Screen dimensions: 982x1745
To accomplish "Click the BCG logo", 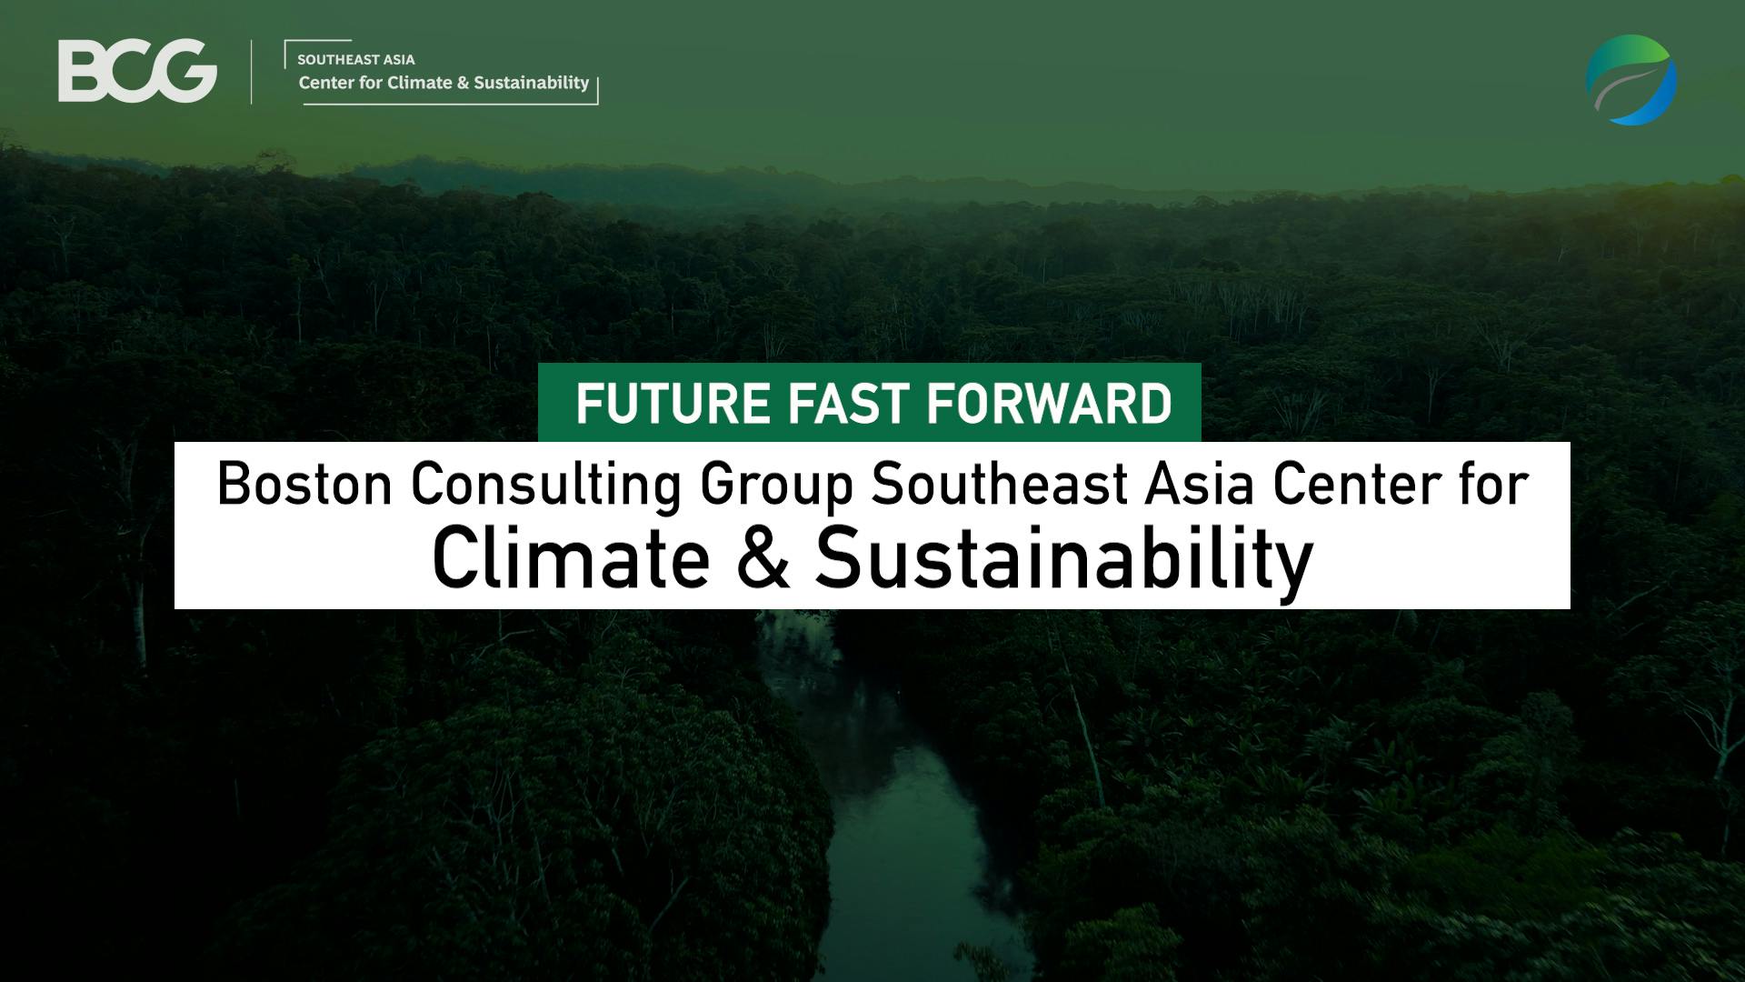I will tap(137, 72).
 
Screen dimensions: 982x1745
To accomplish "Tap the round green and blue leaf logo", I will tap(1631, 80).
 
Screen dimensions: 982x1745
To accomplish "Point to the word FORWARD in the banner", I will tap(1050, 404).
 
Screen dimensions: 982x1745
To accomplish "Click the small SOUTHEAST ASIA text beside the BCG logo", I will tap(356, 60).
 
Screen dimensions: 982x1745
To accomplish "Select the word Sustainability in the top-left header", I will tap(532, 83).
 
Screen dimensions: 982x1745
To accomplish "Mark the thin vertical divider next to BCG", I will tap(252, 72).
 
